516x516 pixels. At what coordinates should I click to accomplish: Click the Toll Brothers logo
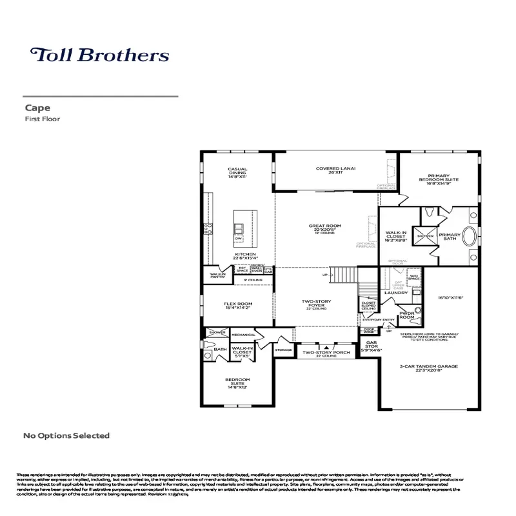(x=99, y=55)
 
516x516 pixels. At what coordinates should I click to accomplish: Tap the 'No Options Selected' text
(x=66, y=436)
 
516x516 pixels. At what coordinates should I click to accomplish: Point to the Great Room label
(x=324, y=228)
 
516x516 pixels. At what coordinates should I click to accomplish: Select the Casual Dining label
(x=237, y=172)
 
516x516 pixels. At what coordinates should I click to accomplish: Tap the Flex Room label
(x=238, y=305)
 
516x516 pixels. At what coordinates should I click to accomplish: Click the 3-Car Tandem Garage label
(x=429, y=368)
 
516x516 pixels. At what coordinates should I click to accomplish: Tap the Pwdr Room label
(x=406, y=315)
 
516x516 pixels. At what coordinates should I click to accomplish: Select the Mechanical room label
(x=244, y=335)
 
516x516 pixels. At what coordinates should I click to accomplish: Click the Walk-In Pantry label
(x=217, y=275)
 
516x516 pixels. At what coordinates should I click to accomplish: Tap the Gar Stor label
(x=372, y=346)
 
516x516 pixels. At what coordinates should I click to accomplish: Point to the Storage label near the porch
(x=283, y=350)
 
